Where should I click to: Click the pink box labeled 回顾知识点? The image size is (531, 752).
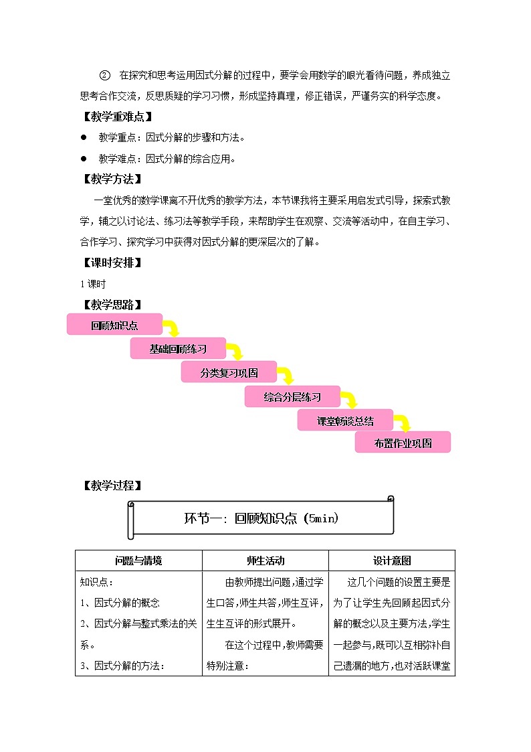click(x=114, y=325)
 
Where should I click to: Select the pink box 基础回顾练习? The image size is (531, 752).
click(x=178, y=349)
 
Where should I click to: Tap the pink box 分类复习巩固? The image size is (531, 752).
click(x=229, y=372)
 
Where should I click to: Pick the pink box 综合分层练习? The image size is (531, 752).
click(x=292, y=396)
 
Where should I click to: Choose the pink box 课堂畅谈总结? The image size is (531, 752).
click(x=345, y=421)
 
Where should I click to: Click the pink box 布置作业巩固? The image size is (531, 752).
click(x=403, y=443)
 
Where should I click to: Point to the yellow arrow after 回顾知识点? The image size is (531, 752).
click(x=173, y=328)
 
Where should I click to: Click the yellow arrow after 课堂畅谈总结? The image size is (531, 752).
click(x=402, y=423)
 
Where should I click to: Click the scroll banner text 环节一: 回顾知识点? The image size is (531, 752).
click(x=261, y=518)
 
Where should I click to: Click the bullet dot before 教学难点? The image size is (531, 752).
click(x=84, y=159)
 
